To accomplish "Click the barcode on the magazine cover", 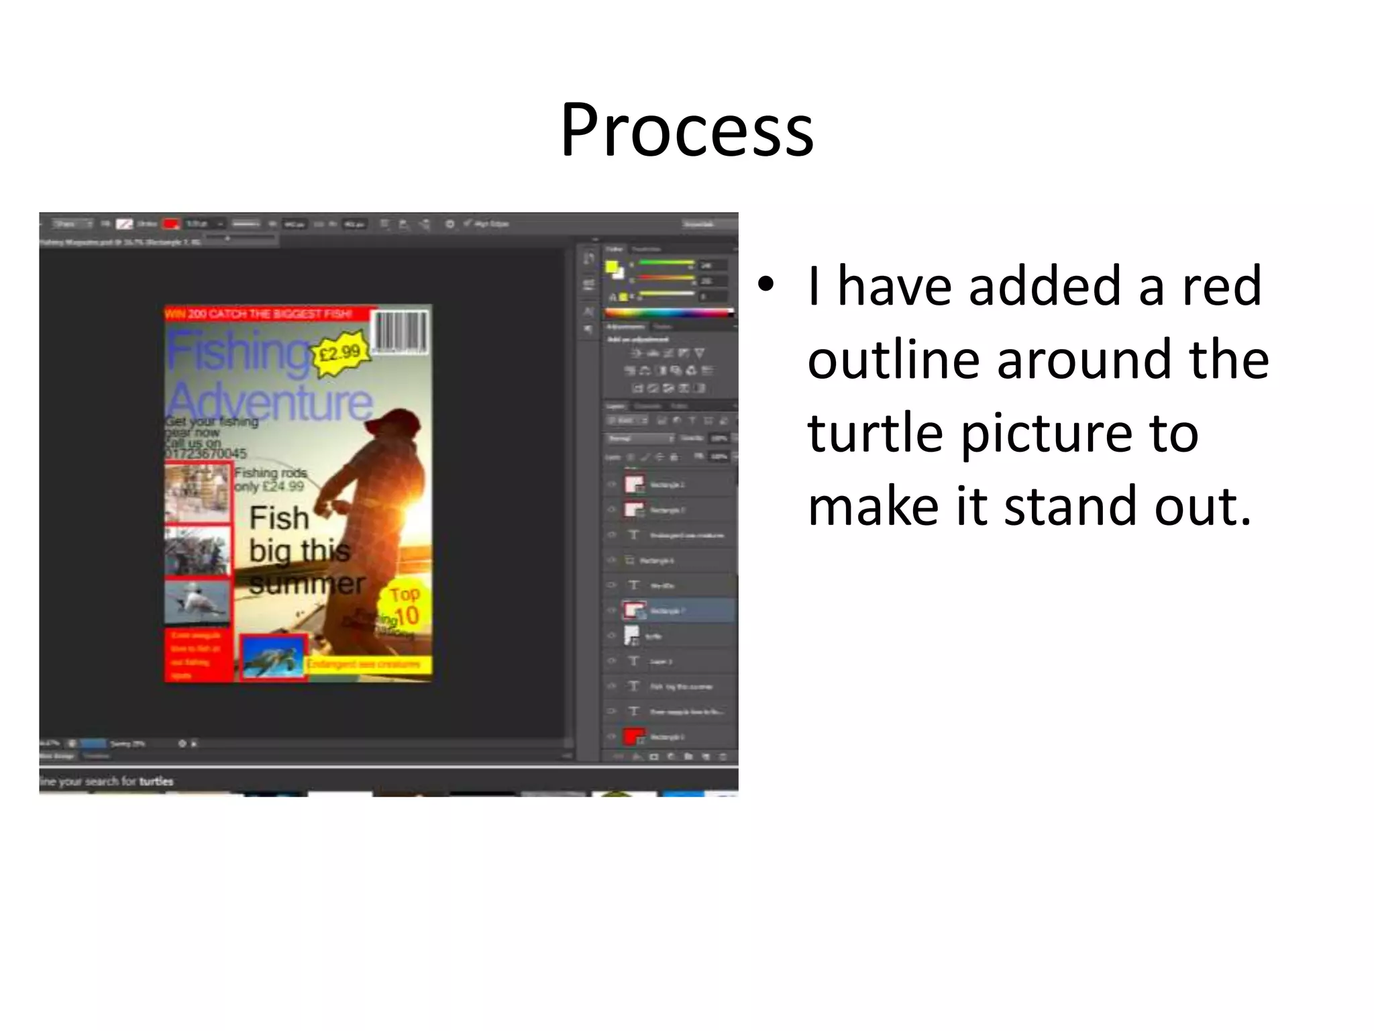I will [x=401, y=331].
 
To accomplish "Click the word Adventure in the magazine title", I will [x=270, y=401].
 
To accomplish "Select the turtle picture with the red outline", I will [x=273, y=656].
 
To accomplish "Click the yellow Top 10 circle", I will [x=403, y=607].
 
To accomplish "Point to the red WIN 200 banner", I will [x=268, y=313].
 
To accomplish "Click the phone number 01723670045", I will [x=206, y=454].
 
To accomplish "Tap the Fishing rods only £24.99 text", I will [x=270, y=479].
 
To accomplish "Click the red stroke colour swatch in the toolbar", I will [x=172, y=224].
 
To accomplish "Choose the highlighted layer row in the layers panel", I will [x=678, y=611].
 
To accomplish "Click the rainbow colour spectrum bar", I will [x=668, y=313].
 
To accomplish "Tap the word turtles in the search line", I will [x=156, y=781].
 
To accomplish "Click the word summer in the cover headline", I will [x=307, y=584].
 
